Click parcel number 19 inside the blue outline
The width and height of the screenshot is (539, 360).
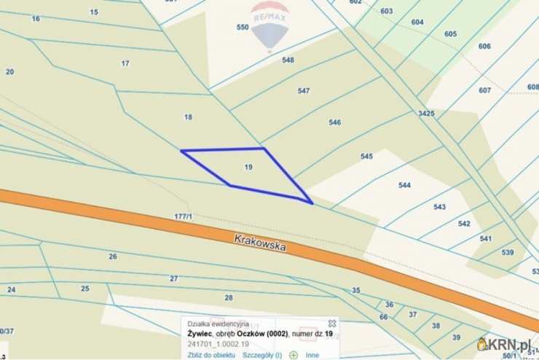coord(248,168)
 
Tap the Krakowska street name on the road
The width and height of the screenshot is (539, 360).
coord(260,243)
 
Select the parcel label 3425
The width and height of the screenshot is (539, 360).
coord(426,114)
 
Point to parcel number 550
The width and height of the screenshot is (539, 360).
coord(243,28)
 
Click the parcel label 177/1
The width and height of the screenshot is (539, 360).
coord(183,216)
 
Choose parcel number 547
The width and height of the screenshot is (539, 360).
coord(304,91)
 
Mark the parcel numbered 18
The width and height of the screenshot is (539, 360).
coord(188,117)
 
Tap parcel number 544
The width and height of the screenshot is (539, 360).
coord(405,185)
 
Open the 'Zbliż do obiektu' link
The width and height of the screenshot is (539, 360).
coord(211,355)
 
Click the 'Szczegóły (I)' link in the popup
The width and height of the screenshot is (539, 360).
coord(262,355)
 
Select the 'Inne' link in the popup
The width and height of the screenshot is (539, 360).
coord(312,355)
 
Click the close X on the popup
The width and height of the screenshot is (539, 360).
coord(332,323)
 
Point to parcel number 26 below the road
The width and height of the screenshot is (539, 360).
coord(112,257)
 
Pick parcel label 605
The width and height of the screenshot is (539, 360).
coord(450,34)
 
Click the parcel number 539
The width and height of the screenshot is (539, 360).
coord(508,252)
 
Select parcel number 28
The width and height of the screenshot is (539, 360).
coord(228,297)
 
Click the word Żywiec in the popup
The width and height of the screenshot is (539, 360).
coord(200,334)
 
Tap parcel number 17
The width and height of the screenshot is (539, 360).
coord(125,63)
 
